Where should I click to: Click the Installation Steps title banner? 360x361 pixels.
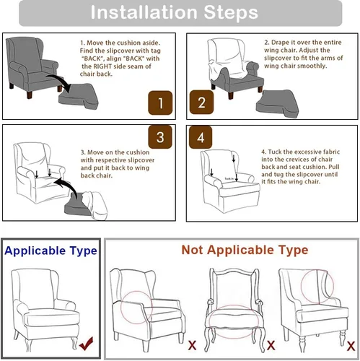coord(180,13)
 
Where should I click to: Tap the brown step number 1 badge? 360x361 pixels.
coord(160,103)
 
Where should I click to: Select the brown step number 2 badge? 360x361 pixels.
coord(201,103)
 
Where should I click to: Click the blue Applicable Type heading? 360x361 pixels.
coord(51,251)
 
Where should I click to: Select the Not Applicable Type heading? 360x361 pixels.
coord(244,250)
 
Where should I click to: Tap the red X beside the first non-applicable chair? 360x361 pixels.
coord(192,345)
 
